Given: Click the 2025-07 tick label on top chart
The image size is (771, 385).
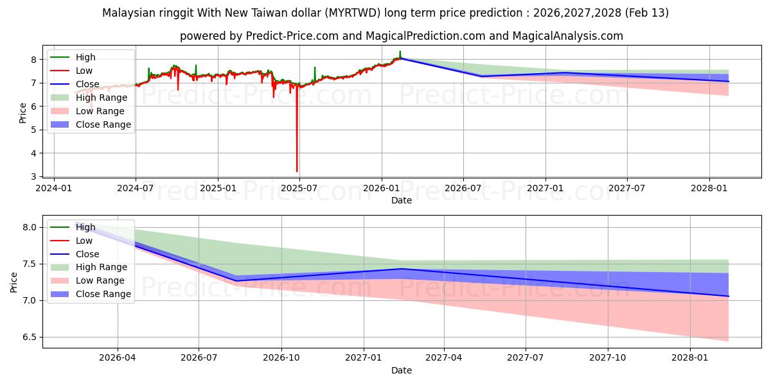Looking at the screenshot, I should [299, 189].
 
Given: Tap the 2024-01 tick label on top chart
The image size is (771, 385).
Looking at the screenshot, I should [53, 189].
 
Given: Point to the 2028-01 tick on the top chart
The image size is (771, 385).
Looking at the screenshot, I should [709, 189].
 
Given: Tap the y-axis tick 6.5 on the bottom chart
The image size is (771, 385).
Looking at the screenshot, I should [29, 338].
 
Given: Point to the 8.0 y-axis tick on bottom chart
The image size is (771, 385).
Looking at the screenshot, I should [29, 227].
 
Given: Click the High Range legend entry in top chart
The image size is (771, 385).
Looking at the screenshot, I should [102, 98].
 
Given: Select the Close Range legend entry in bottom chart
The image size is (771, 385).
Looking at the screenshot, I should [103, 294].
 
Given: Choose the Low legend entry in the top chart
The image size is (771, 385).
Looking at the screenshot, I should [84, 71].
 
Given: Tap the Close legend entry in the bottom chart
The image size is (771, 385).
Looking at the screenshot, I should [87, 254].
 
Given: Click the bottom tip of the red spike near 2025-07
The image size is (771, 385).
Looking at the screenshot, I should [297, 171].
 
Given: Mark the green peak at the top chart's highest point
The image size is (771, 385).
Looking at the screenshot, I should [400, 51].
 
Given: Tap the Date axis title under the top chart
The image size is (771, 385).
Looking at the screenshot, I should [402, 200].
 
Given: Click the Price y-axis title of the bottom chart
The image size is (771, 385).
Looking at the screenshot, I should [14, 282].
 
